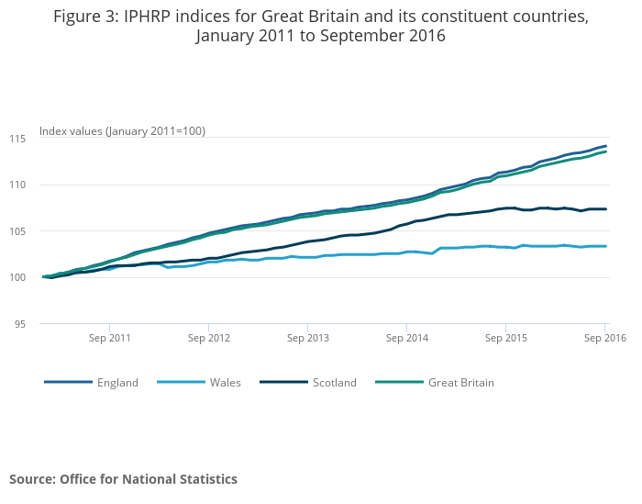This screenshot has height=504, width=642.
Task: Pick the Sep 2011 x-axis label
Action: click(x=109, y=338)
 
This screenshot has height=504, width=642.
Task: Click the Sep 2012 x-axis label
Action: click(x=208, y=338)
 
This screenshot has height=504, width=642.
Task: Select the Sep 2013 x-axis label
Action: click(x=308, y=338)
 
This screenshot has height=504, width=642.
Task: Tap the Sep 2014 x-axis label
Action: click(x=407, y=338)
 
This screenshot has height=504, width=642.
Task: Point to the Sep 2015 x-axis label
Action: click(x=506, y=338)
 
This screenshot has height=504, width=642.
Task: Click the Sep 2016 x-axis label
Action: click(x=604, y=338)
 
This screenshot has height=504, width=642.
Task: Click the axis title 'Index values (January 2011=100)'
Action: click(x=122, y=131)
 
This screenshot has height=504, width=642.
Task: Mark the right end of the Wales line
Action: click(x=605, y=246)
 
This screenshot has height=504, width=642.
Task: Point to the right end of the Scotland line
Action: click(x=605, y=209)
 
